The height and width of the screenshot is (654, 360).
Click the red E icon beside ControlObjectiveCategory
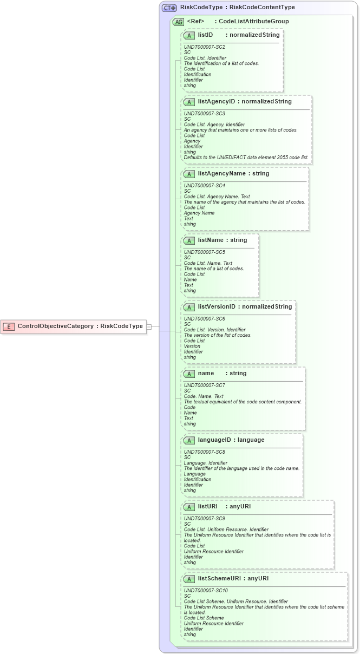[x=9, y=326]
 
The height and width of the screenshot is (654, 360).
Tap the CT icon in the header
[x=169, y=8]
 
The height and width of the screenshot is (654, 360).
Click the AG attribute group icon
[x=178, y=22]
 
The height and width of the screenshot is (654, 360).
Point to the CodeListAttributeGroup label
[x=253, y=22]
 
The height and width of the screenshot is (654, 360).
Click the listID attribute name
[x=205, y=35]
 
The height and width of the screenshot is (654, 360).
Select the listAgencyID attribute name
[x=217, y=102]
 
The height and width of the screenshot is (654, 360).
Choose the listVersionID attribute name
[x=217, y=307]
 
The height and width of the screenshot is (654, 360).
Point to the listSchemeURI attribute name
[x=219, y=579]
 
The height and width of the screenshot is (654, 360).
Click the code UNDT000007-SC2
[x=205, y=47]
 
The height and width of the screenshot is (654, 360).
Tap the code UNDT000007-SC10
[x=206, y=591]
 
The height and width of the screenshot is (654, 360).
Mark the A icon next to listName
[x=189, y=240]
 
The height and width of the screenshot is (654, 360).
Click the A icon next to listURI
[x=189, y=507]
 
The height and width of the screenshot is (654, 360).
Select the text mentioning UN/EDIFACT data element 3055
[x=246, y=158]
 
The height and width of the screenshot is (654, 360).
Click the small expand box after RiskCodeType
[x=149, y=326]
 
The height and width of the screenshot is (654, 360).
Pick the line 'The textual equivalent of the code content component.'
[x=243, y=402]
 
